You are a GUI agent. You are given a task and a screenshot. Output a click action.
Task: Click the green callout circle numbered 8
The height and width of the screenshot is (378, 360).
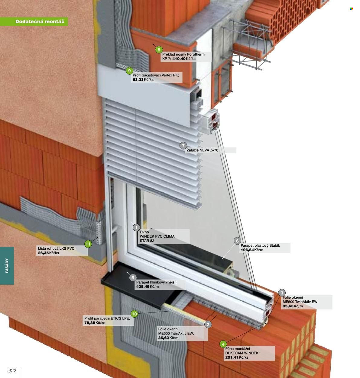click(x=159, y=50)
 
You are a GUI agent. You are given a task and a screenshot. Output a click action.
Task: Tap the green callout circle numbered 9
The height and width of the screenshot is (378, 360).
click(x=129, y=71)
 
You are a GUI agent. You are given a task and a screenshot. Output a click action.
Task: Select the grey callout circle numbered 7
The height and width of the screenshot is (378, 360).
click(x=183, y=146)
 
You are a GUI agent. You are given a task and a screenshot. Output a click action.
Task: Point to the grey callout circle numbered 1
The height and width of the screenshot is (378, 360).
click(x=136, y=228)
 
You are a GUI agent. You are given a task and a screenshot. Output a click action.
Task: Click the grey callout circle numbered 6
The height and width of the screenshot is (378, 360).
click(x=237, y=241)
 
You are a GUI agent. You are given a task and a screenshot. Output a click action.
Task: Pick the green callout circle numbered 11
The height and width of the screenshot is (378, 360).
click(x=88, y=244)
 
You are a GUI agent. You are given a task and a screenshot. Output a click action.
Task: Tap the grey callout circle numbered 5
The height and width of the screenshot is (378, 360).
click(x=133, y=278)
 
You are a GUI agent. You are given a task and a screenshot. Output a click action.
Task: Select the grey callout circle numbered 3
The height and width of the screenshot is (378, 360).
click(x=282, y=293)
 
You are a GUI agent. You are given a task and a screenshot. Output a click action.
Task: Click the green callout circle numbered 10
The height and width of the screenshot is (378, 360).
click(x=134, y=314)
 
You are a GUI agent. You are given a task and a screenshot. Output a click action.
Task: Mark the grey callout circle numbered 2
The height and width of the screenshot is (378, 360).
click(x=208, y=325)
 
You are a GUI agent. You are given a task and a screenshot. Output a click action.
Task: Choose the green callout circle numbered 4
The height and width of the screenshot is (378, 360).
click(x=223, y=344)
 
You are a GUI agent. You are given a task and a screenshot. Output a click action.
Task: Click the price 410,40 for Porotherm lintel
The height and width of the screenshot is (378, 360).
click(x=179, y=59)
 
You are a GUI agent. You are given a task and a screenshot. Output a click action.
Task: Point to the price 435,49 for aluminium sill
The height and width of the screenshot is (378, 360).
click(x=143, y=287)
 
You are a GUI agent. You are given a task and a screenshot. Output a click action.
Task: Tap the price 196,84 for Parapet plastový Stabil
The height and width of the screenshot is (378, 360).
click(x=247, y=250)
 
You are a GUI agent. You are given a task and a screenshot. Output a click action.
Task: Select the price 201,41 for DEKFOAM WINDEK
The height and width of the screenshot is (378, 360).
click(x=232, y=357)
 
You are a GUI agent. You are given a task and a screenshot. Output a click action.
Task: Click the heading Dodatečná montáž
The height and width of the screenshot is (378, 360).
click(x=40, y=21)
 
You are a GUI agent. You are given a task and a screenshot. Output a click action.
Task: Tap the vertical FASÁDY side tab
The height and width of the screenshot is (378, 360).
click(x=7, y=266)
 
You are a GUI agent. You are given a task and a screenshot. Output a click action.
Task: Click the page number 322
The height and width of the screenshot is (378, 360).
click(x=12, y=371)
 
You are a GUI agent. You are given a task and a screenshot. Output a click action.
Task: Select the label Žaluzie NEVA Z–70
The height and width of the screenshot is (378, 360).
click(x=202, y=150)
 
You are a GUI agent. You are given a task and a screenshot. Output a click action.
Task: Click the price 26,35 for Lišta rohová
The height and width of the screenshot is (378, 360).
click(x=43, y=253)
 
